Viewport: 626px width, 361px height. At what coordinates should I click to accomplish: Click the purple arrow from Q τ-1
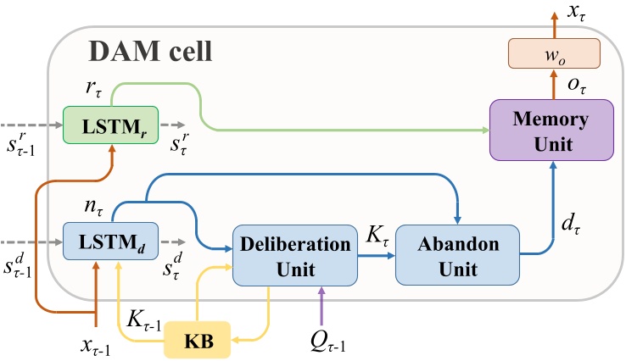tap(320, 303)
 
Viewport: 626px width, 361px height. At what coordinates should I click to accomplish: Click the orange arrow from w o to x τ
tap(552, 25)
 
